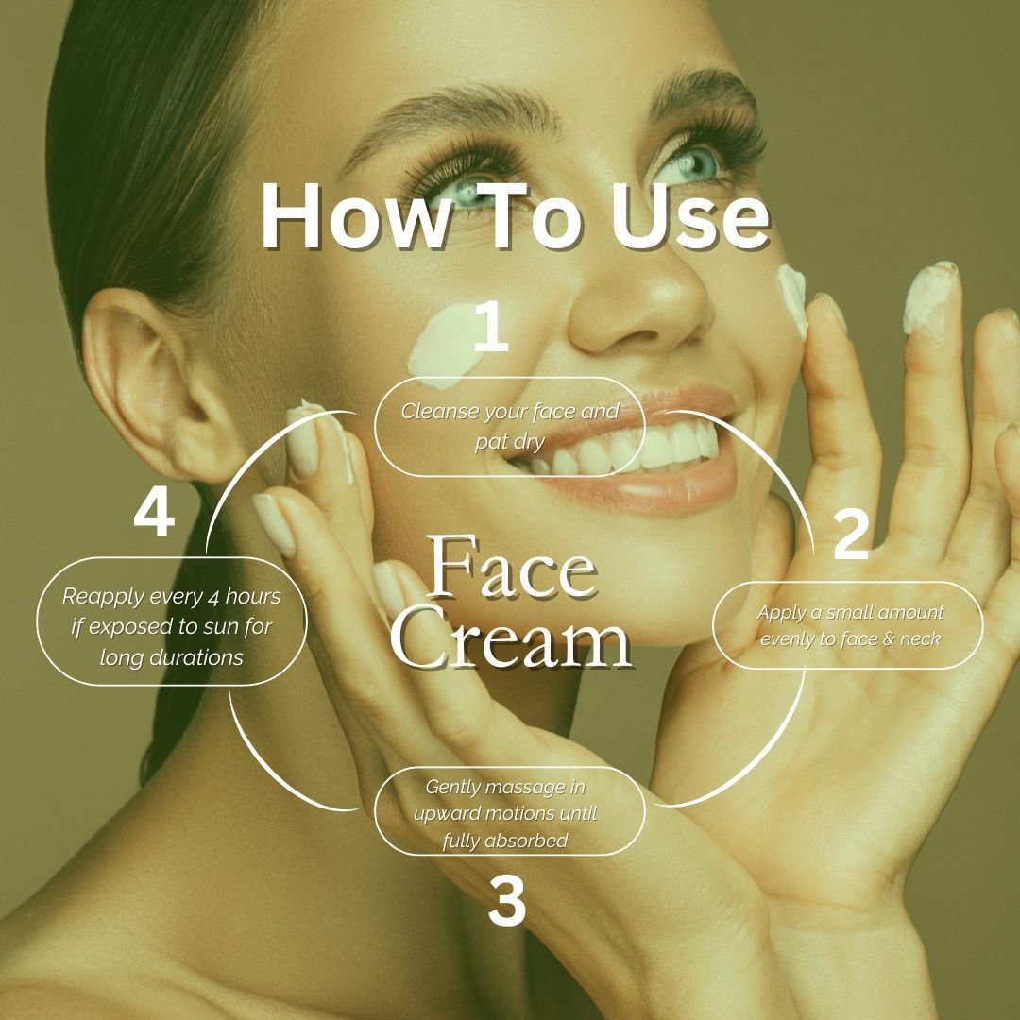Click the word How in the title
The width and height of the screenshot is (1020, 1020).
tap(354, 216)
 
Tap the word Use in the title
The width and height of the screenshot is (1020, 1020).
tap(689, 216)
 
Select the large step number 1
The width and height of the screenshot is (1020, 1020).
tap(490, 327)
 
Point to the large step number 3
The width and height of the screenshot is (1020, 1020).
tap(507, 901)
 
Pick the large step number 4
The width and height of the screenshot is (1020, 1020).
tap(154, 513)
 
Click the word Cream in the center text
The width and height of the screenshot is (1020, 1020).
tap(511, 637)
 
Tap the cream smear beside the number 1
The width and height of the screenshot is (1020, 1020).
tap(442, 348)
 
